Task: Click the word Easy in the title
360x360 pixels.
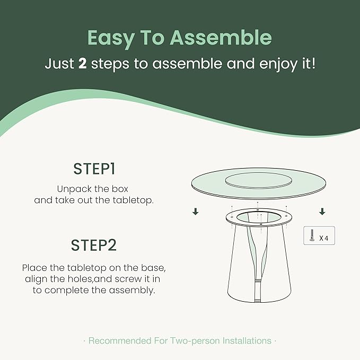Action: coord(111,38)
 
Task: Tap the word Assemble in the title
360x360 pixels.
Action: coord(221,37)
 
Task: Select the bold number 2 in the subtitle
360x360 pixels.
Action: coord(82,64)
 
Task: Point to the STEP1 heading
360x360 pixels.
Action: coord(94,169)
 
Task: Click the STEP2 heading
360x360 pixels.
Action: coord(94,245)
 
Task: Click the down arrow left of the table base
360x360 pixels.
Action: coord(196,212)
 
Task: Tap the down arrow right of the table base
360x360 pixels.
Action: coord(322,212)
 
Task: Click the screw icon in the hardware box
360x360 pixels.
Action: coord(312,235)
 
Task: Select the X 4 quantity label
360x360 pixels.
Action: coord(324,238)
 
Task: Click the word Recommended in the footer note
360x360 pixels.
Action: coord(120,341)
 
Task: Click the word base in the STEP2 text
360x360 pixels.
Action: coord(153,268)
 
